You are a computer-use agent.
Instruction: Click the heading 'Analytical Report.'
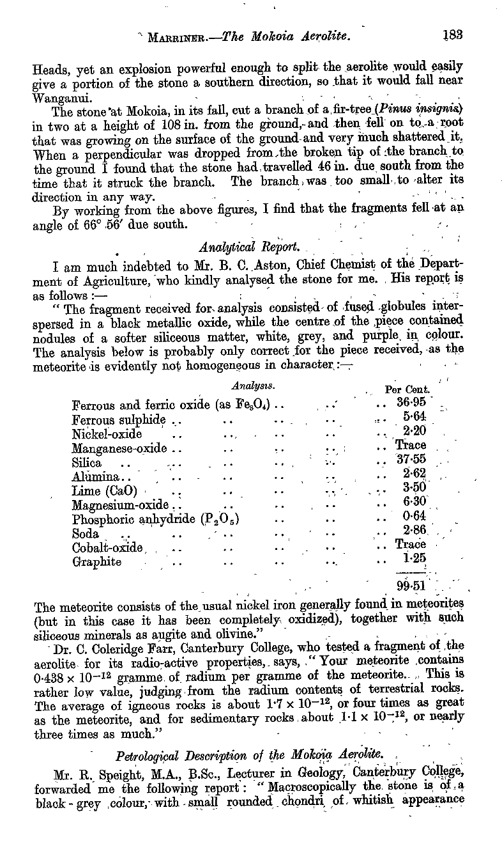click(x=232, y=247)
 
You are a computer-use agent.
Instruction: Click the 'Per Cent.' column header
click(x=409, y=389)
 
